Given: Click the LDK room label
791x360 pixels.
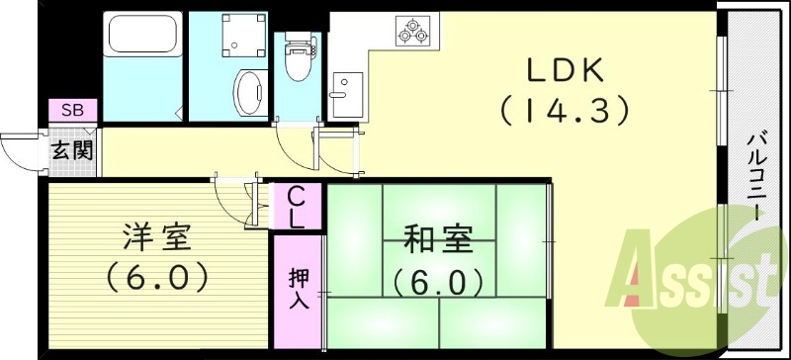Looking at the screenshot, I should click(x=565, y=71).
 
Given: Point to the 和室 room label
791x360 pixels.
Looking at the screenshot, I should click(x=437, y=240).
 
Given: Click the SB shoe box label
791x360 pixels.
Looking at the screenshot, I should click(x=72, y=109).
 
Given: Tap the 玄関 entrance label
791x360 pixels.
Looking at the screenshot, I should click(x=72, y=151).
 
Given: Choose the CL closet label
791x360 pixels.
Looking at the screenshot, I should click(x=297, y=208).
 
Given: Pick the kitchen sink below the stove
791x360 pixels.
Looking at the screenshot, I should click(x=347, y=91).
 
